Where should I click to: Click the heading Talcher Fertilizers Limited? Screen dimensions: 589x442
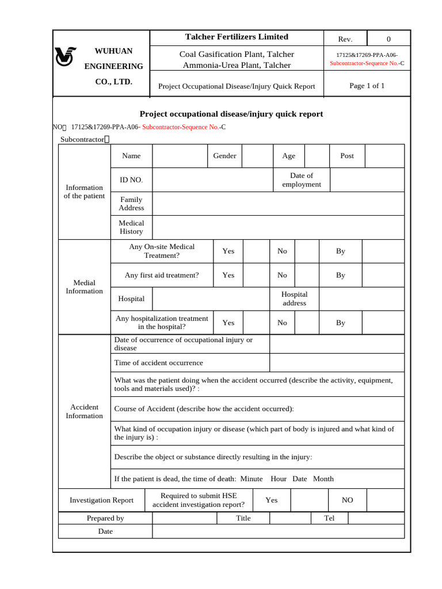(237, 37)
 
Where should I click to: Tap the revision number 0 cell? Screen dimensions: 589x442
(388, 39)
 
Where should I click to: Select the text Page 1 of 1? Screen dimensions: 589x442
(367, 86)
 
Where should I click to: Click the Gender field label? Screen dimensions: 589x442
(224, 156)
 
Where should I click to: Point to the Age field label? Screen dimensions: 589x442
(288, 156)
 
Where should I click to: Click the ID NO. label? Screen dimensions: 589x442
(131, 180)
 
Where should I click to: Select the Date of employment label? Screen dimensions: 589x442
(302, 180)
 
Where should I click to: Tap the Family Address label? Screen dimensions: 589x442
(131, 204)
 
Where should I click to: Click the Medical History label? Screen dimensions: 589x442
(131, 227)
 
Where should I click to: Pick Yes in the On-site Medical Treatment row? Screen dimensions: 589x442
(228, 251)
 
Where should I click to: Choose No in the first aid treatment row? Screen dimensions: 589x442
(282, 276)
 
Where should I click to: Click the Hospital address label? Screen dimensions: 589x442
(294, 299)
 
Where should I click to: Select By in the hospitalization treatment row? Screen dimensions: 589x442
(341, 323)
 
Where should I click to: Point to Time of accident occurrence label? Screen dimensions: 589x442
(159, 363)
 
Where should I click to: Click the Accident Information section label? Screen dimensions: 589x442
(84, 411)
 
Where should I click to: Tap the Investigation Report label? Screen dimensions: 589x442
(101, 500)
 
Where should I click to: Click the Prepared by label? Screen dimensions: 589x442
(105, 518)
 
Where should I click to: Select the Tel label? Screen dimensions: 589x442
(330, 518)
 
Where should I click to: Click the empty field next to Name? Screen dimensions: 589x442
(179, 156)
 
